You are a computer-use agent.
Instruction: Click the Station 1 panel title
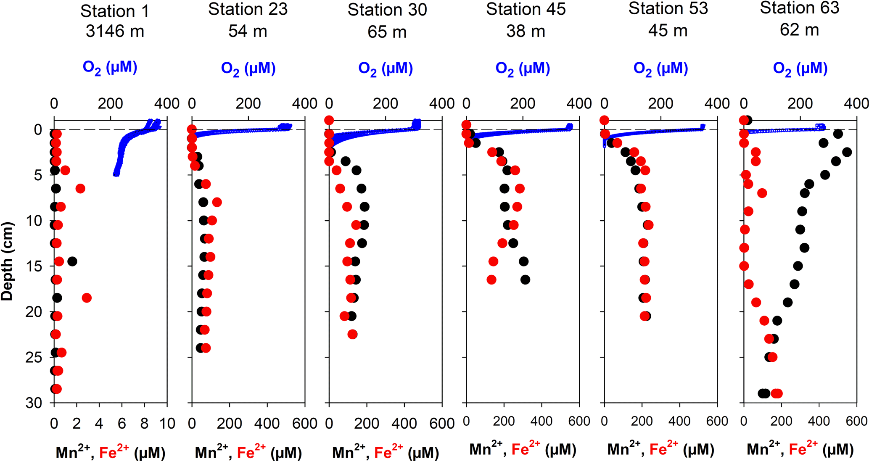click(115, 11)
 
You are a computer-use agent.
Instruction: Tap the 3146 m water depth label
click(115, 31)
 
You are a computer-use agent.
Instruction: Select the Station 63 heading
click(799, 8)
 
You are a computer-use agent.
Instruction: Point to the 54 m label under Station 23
click(248, 31)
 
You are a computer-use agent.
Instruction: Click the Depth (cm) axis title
click(7, 261)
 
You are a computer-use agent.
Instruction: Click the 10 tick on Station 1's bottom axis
click(167, 423)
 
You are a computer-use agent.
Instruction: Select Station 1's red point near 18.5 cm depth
click(87, 298)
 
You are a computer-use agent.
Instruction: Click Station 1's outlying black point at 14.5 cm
click(72, 261)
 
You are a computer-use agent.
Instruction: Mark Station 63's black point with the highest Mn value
click(847, 152)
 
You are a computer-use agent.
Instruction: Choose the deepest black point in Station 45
click(525, 279)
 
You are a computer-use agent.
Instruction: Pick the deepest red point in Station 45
click(491, 279)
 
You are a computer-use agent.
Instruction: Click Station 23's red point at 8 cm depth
click(217, 202)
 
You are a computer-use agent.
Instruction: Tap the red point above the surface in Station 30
click(329, 121)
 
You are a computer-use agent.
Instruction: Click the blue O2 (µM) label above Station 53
click(660, 68)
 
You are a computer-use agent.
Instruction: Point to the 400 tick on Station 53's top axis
click(717, 103)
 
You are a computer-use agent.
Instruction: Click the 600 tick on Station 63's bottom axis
click(856, 421)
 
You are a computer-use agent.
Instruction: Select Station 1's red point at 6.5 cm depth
click(80, 189)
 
